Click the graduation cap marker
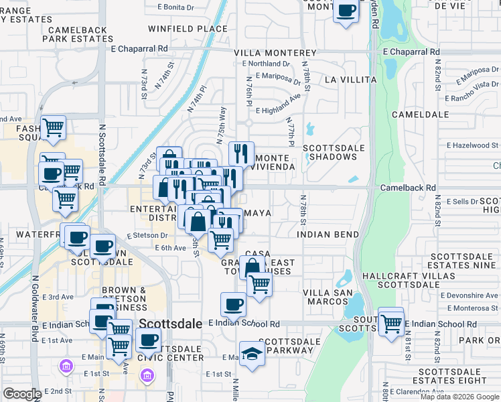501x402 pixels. tap(252, 353)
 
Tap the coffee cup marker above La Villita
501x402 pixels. tap(346, 11)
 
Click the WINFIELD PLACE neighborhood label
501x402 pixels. tap(179, 29)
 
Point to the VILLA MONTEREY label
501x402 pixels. tap(275, 53)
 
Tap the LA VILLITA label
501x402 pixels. tap(350, 79)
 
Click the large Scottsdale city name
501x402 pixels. tap(171, 324)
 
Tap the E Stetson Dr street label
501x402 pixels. tap(147, 235)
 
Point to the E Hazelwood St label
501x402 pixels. tap(472, 145)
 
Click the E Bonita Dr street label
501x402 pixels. tap(175, 7)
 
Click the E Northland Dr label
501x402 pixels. tap(266, 64)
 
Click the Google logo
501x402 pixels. tap(22, 394)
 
